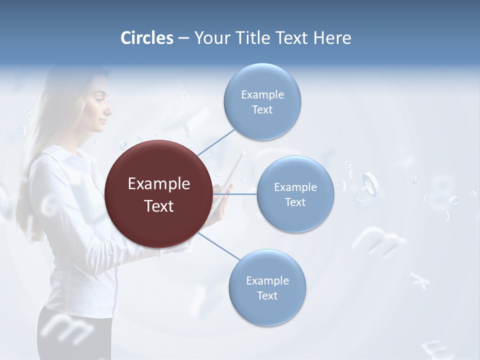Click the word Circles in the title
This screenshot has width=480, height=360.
pos(146,38)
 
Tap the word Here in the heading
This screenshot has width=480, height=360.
pos(332,38)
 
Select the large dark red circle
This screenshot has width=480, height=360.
pos(159,194)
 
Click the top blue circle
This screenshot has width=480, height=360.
pos(262,101)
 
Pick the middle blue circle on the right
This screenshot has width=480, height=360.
pos(295,194)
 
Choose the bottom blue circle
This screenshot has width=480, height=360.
pos(267,287)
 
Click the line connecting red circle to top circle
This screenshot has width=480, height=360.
pos(216,142)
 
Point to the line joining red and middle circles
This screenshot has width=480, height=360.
pos(235,194)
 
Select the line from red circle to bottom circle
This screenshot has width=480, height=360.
pos(219,246)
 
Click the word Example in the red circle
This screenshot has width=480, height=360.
pos(159,184)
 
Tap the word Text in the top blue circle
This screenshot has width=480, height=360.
pos(262,110)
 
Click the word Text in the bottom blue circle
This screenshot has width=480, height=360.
pos(267,296)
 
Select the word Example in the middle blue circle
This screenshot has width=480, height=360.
pos(295,187)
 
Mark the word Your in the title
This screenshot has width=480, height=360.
pos(211,38)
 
